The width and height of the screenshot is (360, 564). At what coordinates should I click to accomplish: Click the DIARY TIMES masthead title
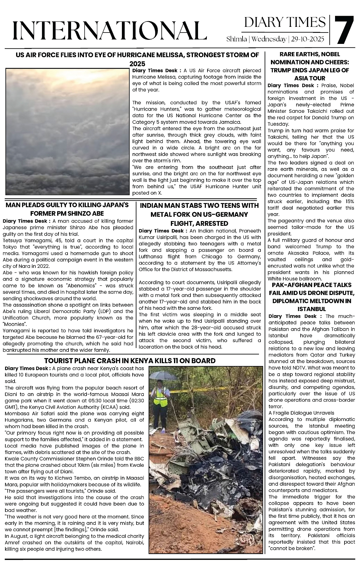pos(285,22)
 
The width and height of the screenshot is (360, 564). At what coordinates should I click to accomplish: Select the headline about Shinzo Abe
pos(67,209)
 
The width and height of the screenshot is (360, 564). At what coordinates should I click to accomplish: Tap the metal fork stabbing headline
pos(199,214)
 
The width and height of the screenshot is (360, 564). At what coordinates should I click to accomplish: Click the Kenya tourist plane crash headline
pos(130,361)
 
